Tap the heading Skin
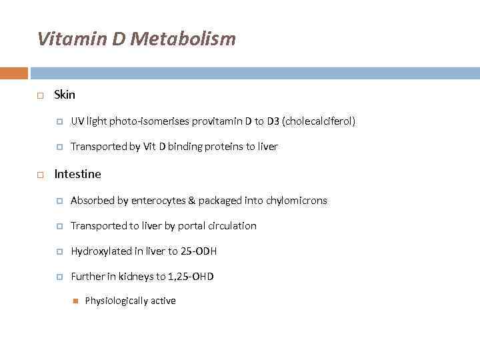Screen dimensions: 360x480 pyautogui.click(x=65, y=95)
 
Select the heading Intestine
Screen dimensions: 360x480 pyautogui.click(x=77, y=174)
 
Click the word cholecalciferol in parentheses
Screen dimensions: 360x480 pyautogui.click(x=320, y=121)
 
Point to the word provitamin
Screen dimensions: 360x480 pyautogui.click(x=217, y=121)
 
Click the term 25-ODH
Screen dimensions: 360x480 pyautogui.click(x=199, y=251)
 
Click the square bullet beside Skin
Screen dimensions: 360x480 pyautogui.click(x=41, y=95)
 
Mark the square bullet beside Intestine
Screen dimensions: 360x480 pyautogui.click(x=41, y=175)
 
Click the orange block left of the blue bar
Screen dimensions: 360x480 pyautogui.click(x=13, y=73)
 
